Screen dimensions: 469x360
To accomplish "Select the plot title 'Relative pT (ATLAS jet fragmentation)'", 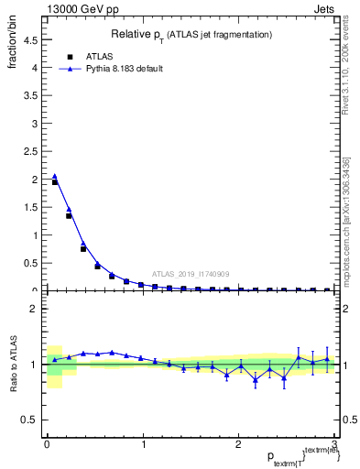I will [x=190, y=35].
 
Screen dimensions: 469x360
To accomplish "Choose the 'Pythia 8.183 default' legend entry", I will [x=115, y=69].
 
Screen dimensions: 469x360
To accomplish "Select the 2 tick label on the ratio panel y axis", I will [x=35, y=309].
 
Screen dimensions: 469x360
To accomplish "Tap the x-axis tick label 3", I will [x=334, y=443].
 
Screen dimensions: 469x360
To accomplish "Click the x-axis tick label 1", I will [x=142, y=443].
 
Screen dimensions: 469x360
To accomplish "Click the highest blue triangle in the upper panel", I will [x=54, y=176].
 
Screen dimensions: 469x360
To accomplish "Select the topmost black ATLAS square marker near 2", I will [x=54, y=182].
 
